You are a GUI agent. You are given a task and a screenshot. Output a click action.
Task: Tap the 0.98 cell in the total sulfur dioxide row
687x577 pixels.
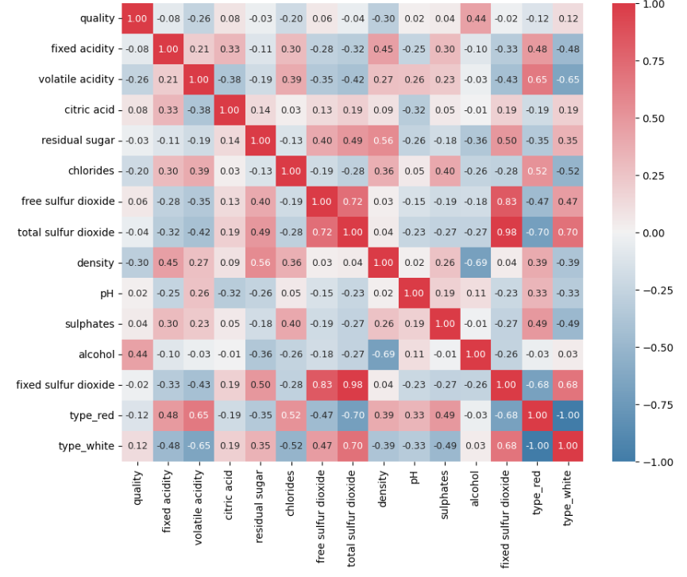506,232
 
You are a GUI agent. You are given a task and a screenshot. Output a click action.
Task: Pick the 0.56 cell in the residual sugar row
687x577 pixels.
383,140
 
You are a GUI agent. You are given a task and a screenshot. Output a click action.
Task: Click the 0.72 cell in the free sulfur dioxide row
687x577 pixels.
353,202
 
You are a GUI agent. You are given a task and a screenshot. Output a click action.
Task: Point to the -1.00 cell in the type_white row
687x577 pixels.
537,446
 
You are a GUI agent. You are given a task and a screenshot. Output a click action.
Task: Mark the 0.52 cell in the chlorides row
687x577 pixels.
537,171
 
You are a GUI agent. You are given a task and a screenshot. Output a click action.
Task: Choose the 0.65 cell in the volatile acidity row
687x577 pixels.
537,79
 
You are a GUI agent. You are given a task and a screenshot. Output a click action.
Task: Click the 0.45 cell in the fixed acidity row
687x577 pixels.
383,49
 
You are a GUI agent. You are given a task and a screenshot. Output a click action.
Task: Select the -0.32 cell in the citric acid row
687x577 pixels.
414,110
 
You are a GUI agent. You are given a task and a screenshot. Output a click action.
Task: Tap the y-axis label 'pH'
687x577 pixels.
106,293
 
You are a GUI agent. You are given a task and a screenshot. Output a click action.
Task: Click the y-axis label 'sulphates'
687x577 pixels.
90,324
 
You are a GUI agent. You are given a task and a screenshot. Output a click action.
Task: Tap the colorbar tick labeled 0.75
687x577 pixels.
653,61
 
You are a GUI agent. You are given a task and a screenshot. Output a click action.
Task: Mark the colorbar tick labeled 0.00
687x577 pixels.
653,233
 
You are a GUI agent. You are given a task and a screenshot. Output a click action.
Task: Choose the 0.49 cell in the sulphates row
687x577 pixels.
537,324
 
